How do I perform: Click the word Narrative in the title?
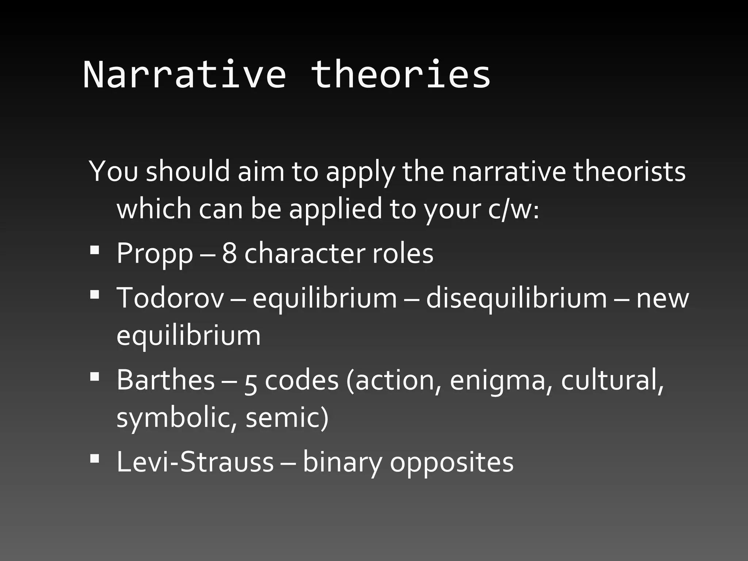pos(184,75)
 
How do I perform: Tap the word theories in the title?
pos(401,75)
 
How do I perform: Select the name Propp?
pos(154,253)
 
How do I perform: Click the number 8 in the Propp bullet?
pos(229,253)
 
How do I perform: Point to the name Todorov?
pos(170,298)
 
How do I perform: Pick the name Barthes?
pos(165,380)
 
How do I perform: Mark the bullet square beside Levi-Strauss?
pos(94,459)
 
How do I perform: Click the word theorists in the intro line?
pos(629,172)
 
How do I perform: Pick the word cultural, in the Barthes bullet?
pos(612,380)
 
